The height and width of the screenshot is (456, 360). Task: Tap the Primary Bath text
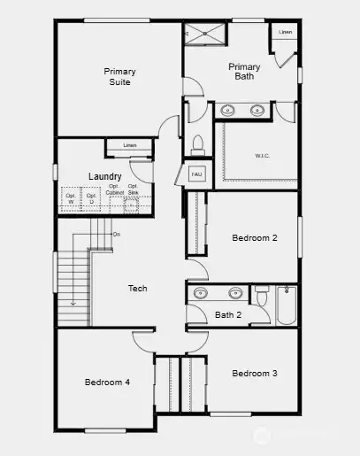244,72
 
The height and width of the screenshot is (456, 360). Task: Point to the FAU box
196,174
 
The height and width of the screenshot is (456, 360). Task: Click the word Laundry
104,177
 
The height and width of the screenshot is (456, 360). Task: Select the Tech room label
137,289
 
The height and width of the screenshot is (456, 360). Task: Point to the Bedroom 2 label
255,238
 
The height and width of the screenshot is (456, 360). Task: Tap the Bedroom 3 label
255,374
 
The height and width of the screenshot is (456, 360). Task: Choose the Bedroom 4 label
107,383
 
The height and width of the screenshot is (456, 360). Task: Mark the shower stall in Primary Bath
205,35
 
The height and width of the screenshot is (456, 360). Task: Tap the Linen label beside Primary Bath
285,32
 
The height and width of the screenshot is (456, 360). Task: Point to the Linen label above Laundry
130,145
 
